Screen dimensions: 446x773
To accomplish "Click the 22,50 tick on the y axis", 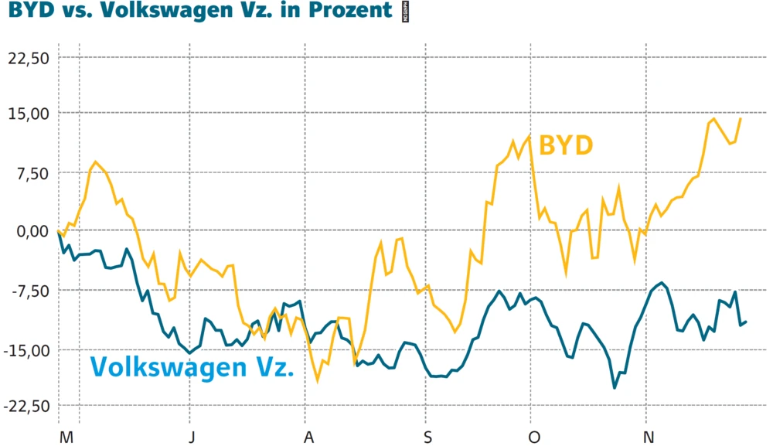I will (29, 58).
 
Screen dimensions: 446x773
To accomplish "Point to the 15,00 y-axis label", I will (29, 114).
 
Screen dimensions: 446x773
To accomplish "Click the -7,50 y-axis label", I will (29, 291).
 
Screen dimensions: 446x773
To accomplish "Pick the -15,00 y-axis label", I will (26, 349).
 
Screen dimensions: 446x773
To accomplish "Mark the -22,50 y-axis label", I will (26, 407).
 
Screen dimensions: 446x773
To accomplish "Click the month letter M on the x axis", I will (66, 437).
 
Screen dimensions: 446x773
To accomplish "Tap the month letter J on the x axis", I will (192, 437).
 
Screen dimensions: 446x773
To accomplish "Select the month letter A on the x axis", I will (308, 437).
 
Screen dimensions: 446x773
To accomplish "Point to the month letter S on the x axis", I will (427, 437).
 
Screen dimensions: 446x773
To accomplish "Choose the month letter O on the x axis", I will (533, 437).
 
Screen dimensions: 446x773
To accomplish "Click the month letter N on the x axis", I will (649, 437).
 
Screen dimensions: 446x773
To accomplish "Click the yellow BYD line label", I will (566, 145).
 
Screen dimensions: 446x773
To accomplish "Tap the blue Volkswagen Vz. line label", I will (192, 366).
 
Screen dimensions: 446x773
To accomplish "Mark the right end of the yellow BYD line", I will (741, 118).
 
